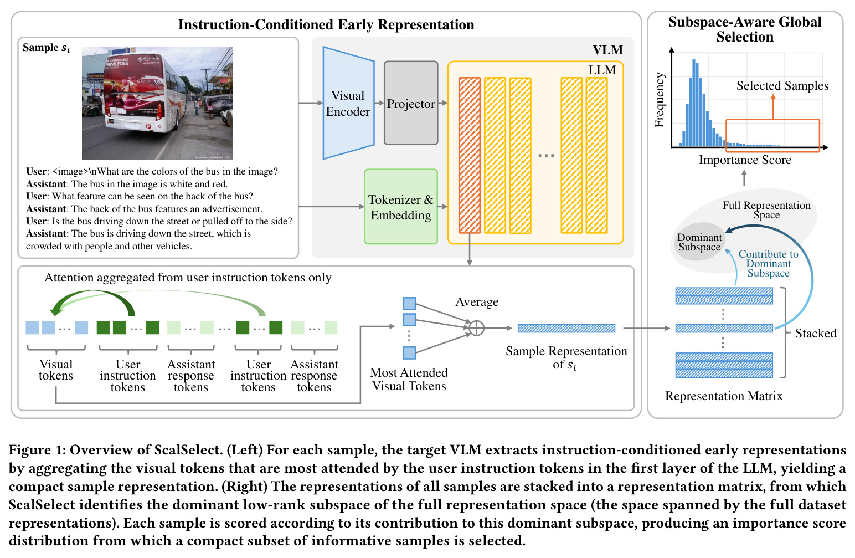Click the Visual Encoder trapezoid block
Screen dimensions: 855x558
[x=348, y=103]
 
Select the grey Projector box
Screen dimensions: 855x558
[x=411, y=103]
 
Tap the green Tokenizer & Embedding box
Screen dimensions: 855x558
[x=401, y=207]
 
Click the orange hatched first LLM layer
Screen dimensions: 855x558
[x=469, y=155]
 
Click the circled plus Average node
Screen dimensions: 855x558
[x=476, y=327]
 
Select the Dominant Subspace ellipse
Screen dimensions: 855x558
[x=698, y=242]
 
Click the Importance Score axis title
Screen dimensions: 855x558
[x=745, y=160]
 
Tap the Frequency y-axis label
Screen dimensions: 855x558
[x=659, y=100]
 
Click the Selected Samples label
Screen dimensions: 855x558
[x=782, y=85]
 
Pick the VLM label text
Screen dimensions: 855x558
[x=607, y=50]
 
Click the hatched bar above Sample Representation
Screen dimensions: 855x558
[x=566, y=328]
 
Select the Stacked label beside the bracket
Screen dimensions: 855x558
[x=816, y=334]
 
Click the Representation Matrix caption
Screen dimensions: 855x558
[x=724, y=396]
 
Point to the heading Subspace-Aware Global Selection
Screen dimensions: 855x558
[x=745, y=29]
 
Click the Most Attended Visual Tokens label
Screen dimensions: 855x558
[x=409, y=379]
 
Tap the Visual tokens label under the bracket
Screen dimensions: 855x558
[x=56, y=370]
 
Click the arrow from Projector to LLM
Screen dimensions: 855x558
[x=443, y=103]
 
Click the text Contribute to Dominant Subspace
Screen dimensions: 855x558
[x=769, y=264]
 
